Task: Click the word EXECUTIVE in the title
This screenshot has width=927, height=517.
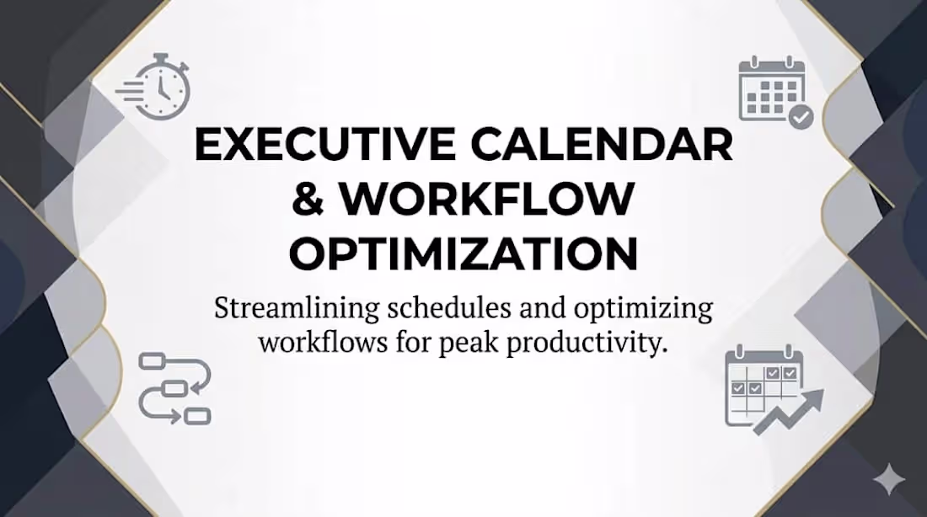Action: [319, 144]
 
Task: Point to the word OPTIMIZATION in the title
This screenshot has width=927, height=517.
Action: [463, 252]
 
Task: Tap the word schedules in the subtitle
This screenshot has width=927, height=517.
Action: [436, 308]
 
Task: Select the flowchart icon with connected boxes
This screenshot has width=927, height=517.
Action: [174, 388]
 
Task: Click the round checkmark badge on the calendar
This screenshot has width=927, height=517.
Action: [800, 116]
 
